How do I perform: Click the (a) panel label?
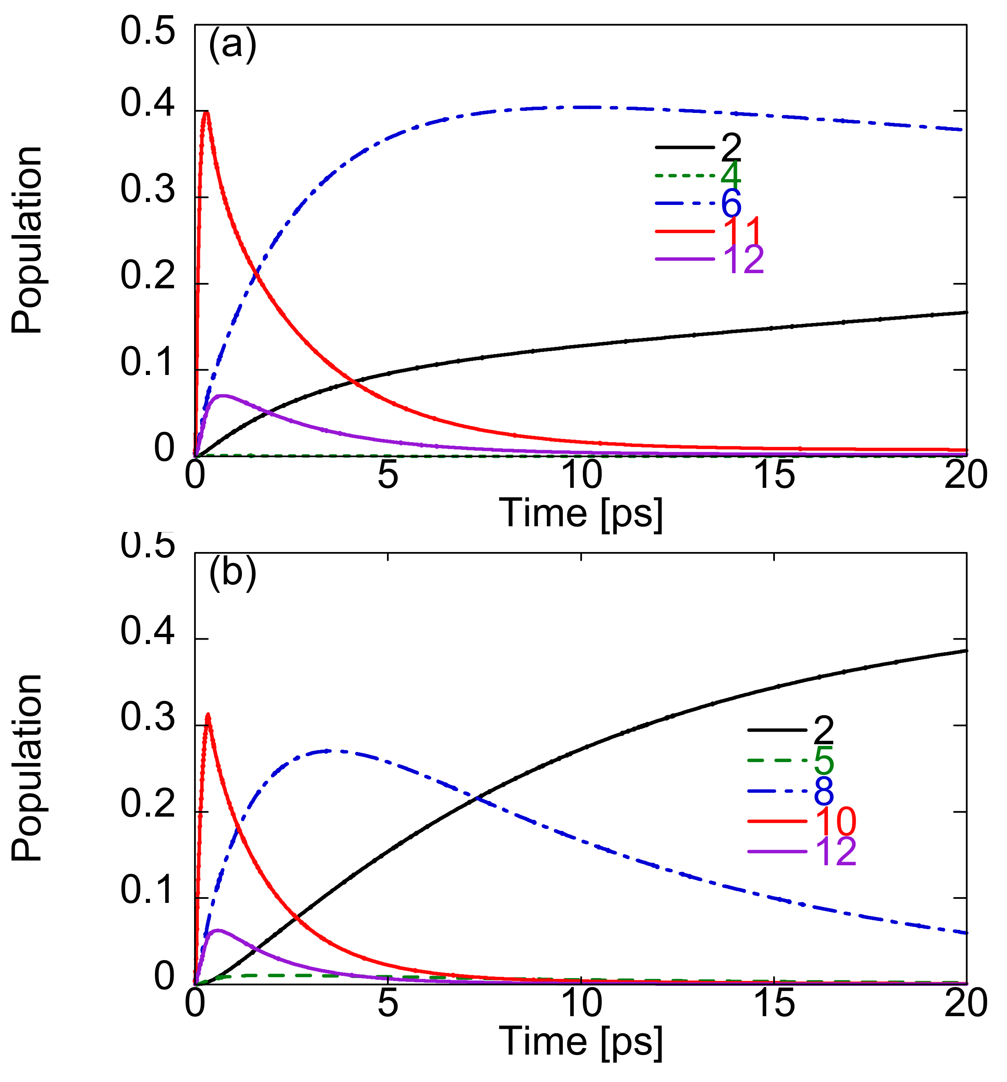(232, 46)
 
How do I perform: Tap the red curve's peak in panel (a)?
(206, 112)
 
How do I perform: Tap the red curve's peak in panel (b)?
(207, 715)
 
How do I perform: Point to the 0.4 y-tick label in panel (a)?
(140, 103)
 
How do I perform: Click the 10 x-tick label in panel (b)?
(581, 1003)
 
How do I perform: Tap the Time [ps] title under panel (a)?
(581, 513)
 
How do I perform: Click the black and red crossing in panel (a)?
(353, 382)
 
